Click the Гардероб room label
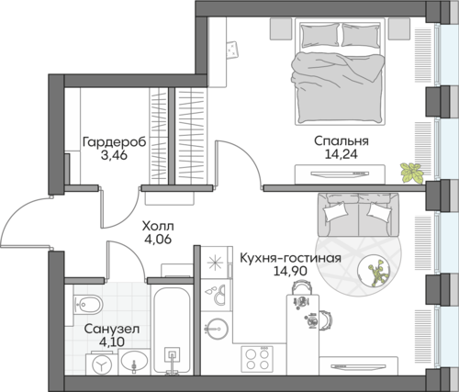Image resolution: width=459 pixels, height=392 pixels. (x=114, y=142)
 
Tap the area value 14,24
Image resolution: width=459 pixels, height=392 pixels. (x=341, y=154)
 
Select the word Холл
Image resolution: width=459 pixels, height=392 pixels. (x=158, y=227)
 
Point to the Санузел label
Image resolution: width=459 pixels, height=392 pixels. (x=112, y=330)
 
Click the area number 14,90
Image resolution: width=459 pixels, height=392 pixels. (x=290, y=271)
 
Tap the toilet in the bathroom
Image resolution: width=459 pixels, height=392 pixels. (x=87, y=305)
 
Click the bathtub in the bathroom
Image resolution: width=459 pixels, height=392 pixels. (x=173, y=330)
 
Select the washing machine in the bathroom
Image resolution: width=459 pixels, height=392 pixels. (x=102, y=364)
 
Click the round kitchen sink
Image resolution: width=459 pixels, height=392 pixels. (x=216, y=330)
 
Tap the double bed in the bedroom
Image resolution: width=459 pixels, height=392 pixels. (x=340, y=72)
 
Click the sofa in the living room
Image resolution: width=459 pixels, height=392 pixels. (x=358, y=215)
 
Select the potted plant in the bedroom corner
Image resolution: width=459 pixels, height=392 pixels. (x=412, y=174)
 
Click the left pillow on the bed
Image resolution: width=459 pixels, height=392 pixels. (x=320, y=35)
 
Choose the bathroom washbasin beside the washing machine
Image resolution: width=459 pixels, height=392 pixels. (x=134, y=362)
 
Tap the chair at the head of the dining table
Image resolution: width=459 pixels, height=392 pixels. (x=303, y=288)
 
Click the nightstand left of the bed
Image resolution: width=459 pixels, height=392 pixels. (x=279, y=28)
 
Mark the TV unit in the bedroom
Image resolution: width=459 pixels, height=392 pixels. (x=340, y=174)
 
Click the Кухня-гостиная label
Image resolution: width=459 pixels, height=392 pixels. (x=290, y=258)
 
